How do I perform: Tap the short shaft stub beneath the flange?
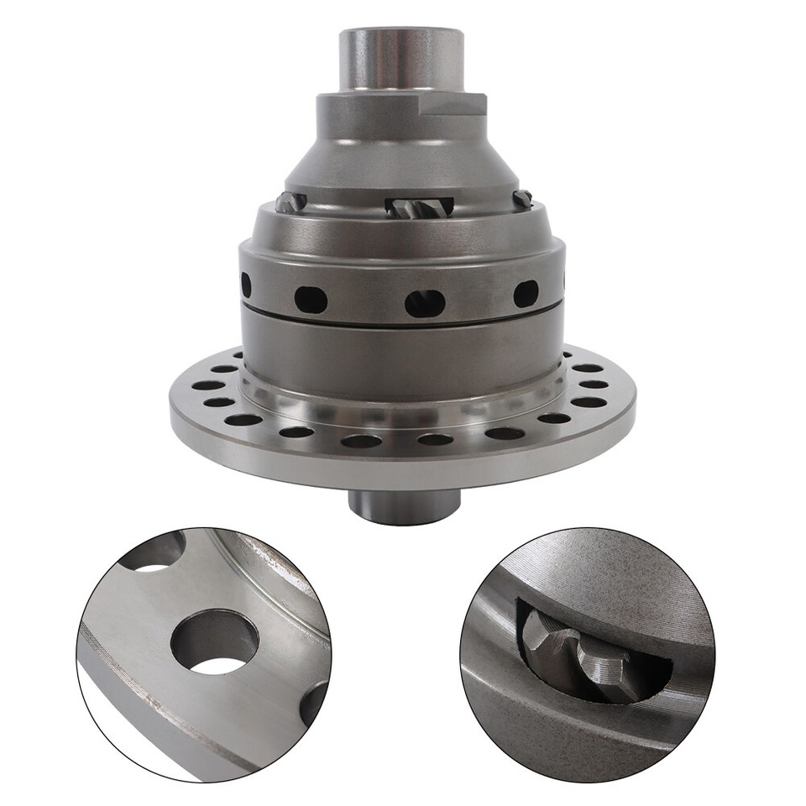coord(404,506)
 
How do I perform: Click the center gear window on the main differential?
coord(419,207)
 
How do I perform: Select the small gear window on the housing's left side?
coord(290,201)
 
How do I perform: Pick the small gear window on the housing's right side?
coord(522,199)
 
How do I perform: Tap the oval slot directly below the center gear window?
coord(425,303)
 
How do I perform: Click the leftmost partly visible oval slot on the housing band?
coord(246,285)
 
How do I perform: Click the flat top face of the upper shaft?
coord(401,34)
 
